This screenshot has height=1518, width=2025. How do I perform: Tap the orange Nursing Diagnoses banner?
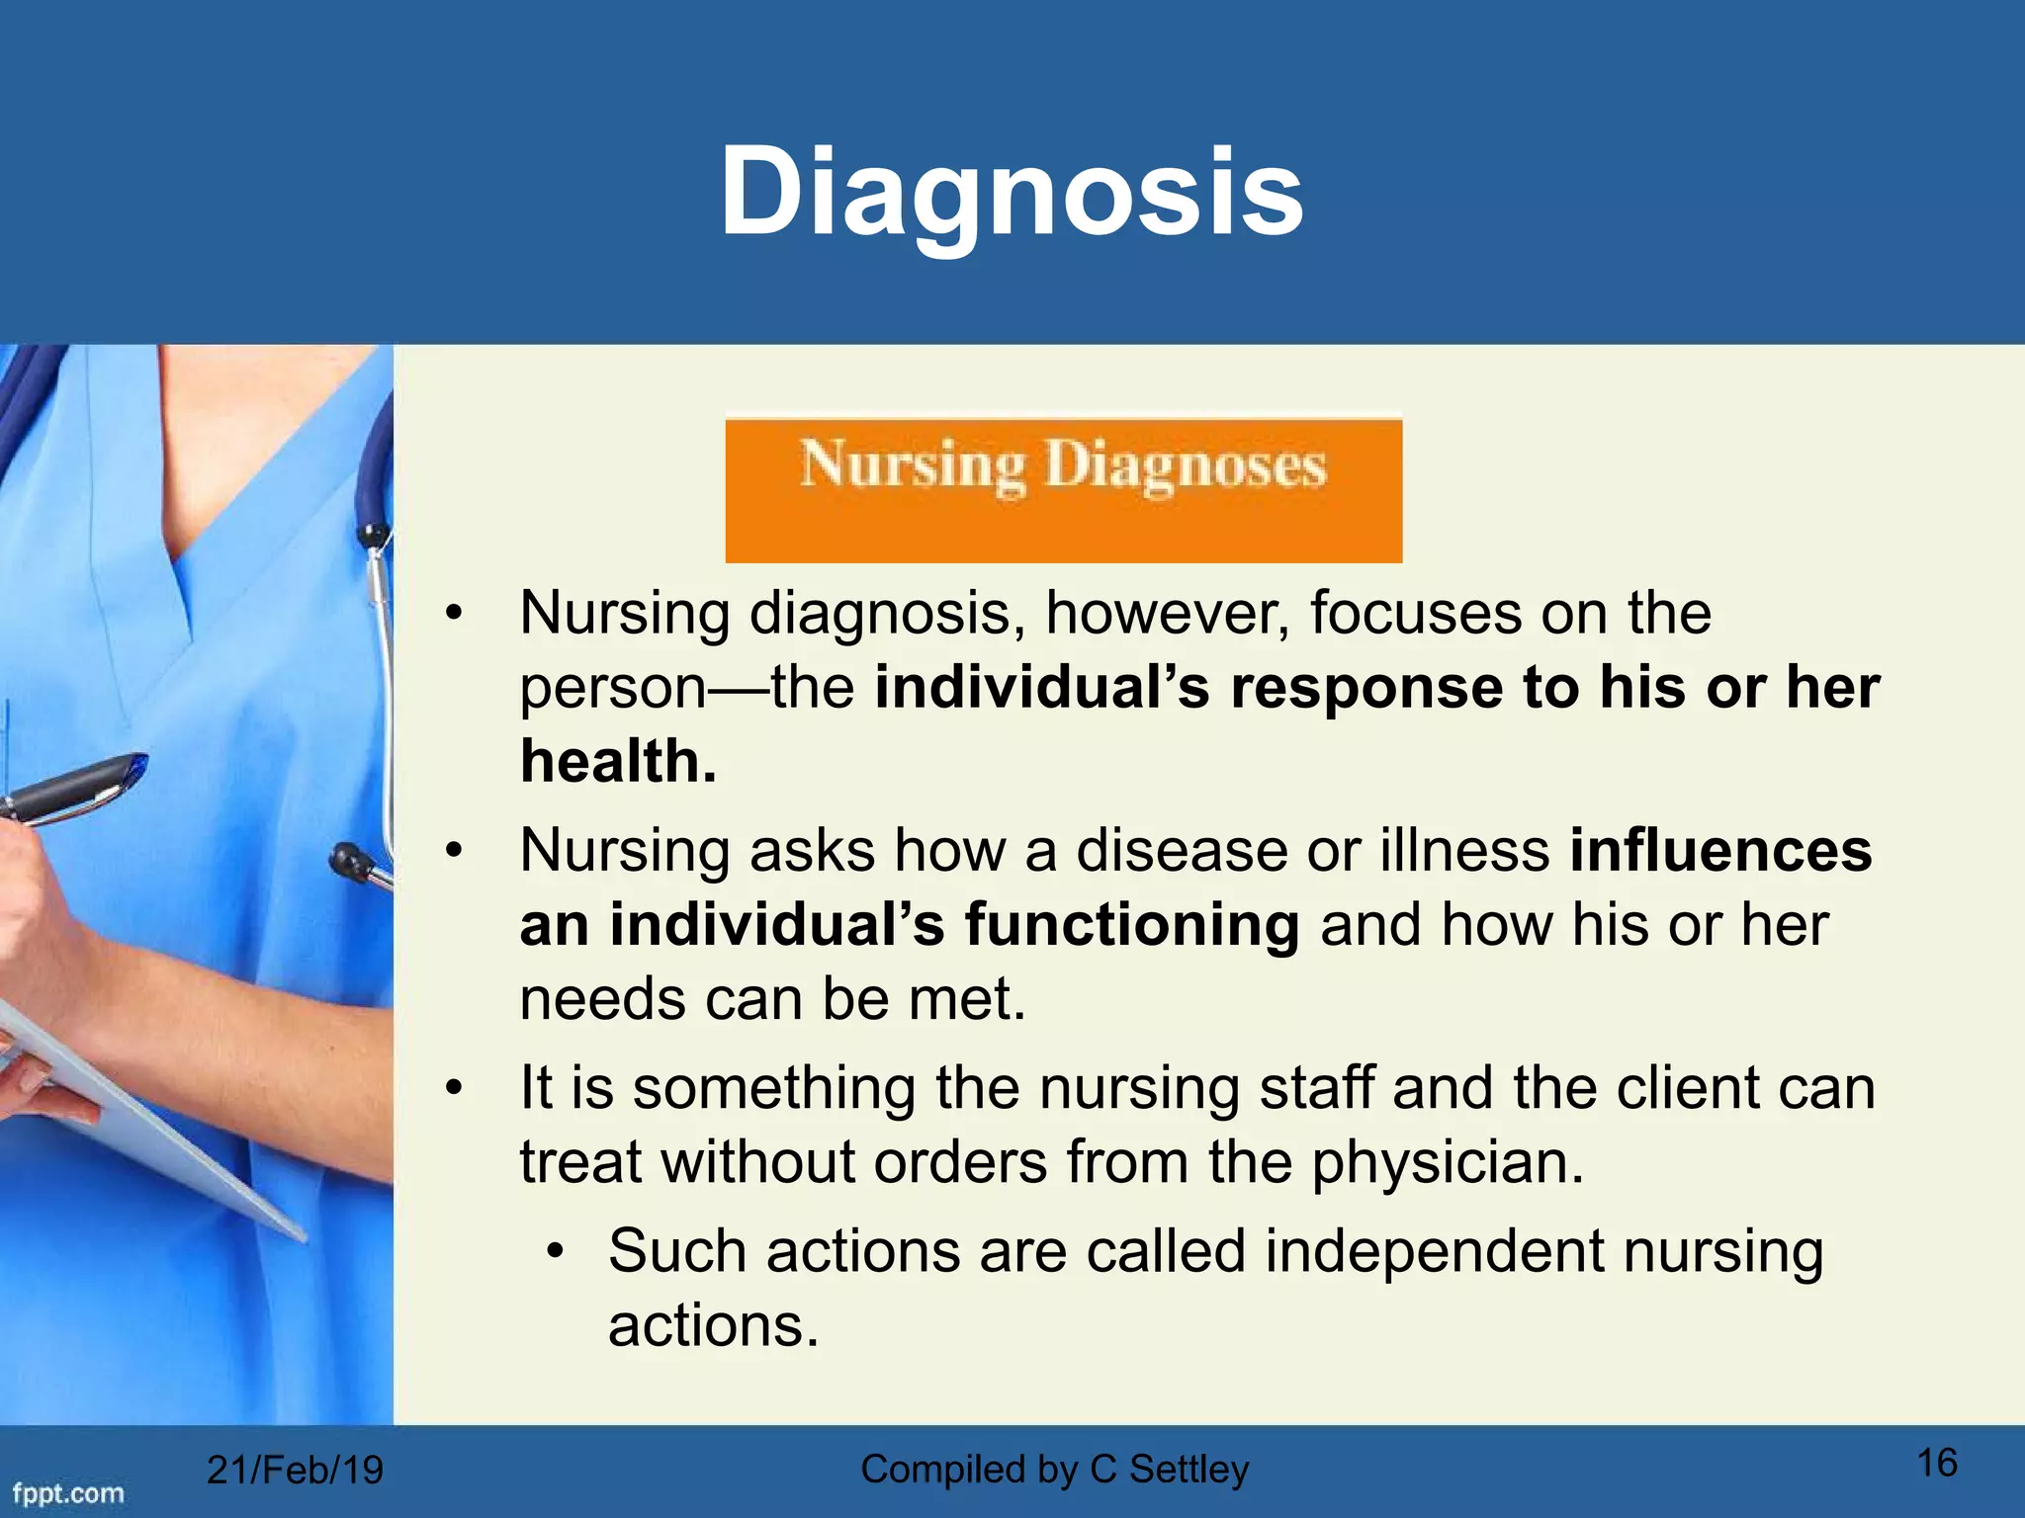point(1063,489)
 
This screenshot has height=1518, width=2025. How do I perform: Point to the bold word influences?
point(1719,851)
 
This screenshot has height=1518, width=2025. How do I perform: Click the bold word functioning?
point(1131,925)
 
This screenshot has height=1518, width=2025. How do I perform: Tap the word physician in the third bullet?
point(1448,1162)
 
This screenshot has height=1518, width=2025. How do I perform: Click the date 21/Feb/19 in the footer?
point(294,1470)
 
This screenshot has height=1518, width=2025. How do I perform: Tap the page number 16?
point(1936,1463)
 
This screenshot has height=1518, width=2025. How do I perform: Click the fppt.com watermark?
point(67,1493)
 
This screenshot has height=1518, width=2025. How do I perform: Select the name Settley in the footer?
point(1189,1470)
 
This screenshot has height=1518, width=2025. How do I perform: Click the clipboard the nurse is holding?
point(148,1137)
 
